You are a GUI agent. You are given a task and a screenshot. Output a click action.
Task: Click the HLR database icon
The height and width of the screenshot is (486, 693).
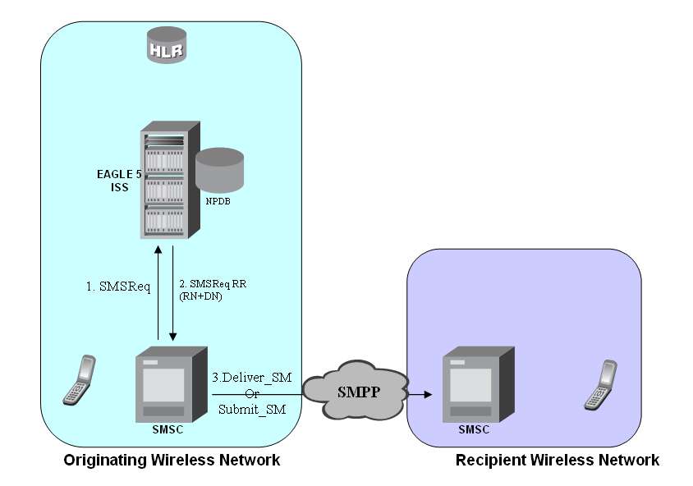(167, 46)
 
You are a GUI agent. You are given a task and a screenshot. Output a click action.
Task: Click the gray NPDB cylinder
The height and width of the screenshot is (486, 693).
(221, 171)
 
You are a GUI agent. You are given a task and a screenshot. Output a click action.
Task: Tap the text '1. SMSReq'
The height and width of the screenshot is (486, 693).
(119, 287)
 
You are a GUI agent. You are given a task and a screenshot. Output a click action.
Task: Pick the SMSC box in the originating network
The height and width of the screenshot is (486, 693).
(169, 383)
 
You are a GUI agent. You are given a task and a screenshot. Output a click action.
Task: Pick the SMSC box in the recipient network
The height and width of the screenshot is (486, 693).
(475, 383)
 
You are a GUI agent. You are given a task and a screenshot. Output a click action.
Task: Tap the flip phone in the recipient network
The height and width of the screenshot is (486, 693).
(599, 385)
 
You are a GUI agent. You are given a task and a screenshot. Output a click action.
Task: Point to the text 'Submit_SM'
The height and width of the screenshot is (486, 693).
(251, 409)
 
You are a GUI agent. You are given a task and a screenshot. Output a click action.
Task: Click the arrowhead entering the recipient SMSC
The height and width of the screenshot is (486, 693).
(426, 395)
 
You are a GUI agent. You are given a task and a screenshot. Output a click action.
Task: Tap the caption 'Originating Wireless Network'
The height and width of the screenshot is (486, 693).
(172, 460)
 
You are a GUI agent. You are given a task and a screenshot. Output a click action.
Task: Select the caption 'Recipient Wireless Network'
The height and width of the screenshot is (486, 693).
(557, 460)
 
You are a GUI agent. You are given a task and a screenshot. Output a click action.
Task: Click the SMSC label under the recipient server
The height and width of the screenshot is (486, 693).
(474, 429)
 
